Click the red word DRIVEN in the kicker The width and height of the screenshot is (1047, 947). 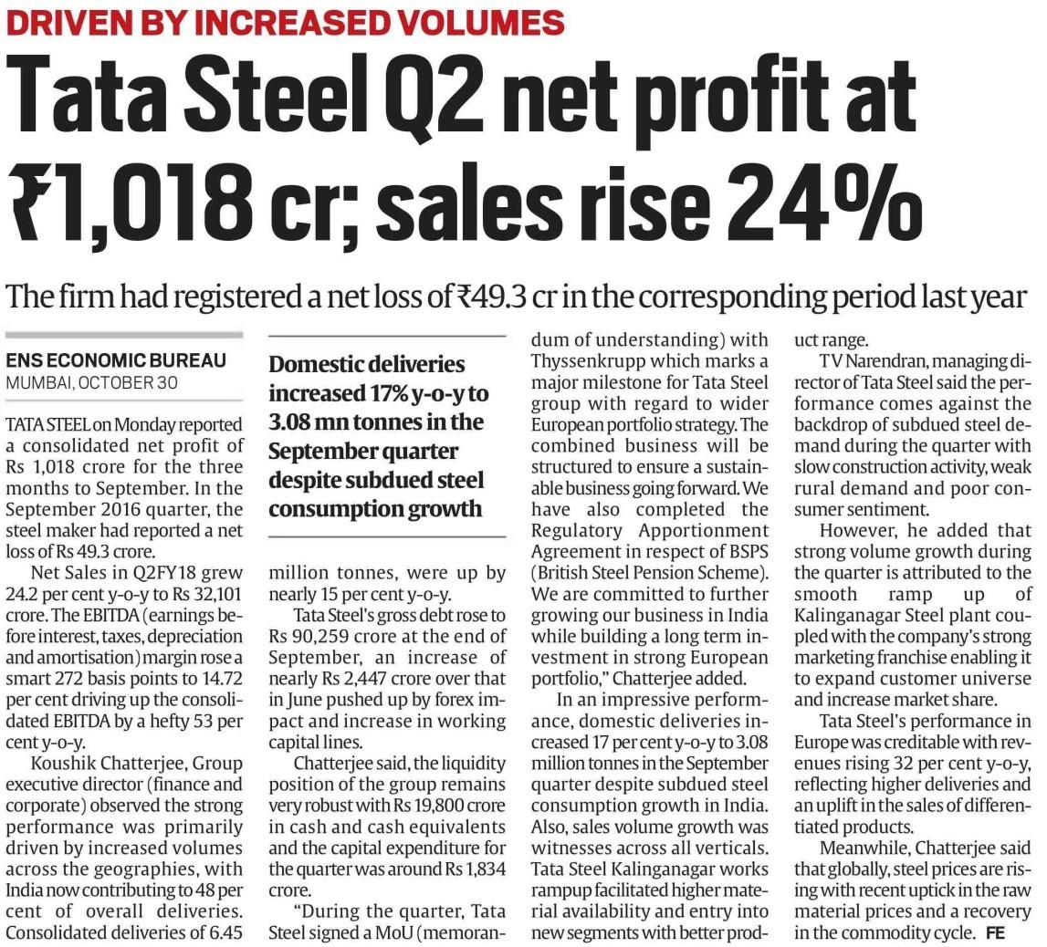63,23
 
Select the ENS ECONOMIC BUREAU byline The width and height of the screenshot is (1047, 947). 116,360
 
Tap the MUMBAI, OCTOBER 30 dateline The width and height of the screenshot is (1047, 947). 91,383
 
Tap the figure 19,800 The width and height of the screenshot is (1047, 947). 418,807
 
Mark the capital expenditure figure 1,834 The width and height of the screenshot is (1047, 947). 484,869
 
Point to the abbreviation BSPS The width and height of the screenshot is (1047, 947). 746,552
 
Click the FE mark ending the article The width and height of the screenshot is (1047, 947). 995,933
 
